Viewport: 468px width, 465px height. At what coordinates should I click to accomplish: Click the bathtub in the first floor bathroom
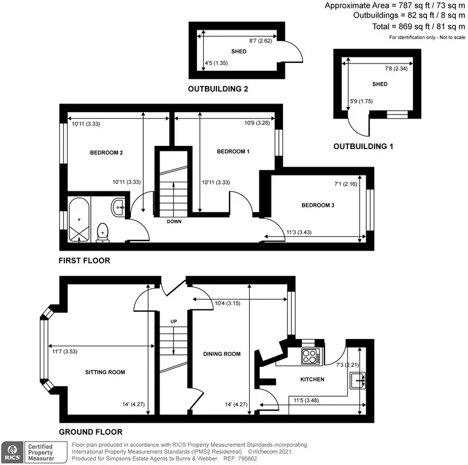pos(79,220)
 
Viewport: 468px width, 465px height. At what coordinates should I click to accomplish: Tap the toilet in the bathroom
pos(102,232)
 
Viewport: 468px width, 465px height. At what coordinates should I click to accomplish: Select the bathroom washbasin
pos(118,207)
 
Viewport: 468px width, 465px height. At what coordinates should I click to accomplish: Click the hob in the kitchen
pos(311,356)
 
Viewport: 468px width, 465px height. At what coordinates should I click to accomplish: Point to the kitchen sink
pos(358,381)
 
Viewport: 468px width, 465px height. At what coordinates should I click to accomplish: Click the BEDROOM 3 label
pos(318,205)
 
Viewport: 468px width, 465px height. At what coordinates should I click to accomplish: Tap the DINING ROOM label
pos(222,354)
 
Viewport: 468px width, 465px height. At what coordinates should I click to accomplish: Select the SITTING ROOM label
pos(105,372)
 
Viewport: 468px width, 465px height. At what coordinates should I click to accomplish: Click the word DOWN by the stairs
pos(174,222)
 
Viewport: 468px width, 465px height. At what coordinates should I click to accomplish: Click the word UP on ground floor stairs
pos(174,322)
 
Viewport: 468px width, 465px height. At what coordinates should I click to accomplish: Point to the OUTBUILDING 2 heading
pos(218,89)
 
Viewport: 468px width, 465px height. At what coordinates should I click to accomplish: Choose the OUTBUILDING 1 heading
pos(363,147)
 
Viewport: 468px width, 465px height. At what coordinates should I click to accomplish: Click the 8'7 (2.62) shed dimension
pos(261,41)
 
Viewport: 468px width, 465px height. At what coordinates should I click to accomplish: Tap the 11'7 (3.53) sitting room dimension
pos(65,351)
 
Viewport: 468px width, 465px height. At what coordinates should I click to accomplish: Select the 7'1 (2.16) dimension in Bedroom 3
pos(346,184)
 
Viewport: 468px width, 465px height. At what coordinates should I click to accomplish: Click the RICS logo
pos(12,452)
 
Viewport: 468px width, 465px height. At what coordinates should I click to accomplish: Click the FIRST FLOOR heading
pos(84,260)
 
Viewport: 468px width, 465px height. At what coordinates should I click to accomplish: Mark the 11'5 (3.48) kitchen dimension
pos(306,400)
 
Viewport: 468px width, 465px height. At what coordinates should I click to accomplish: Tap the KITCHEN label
pos(312,379)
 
